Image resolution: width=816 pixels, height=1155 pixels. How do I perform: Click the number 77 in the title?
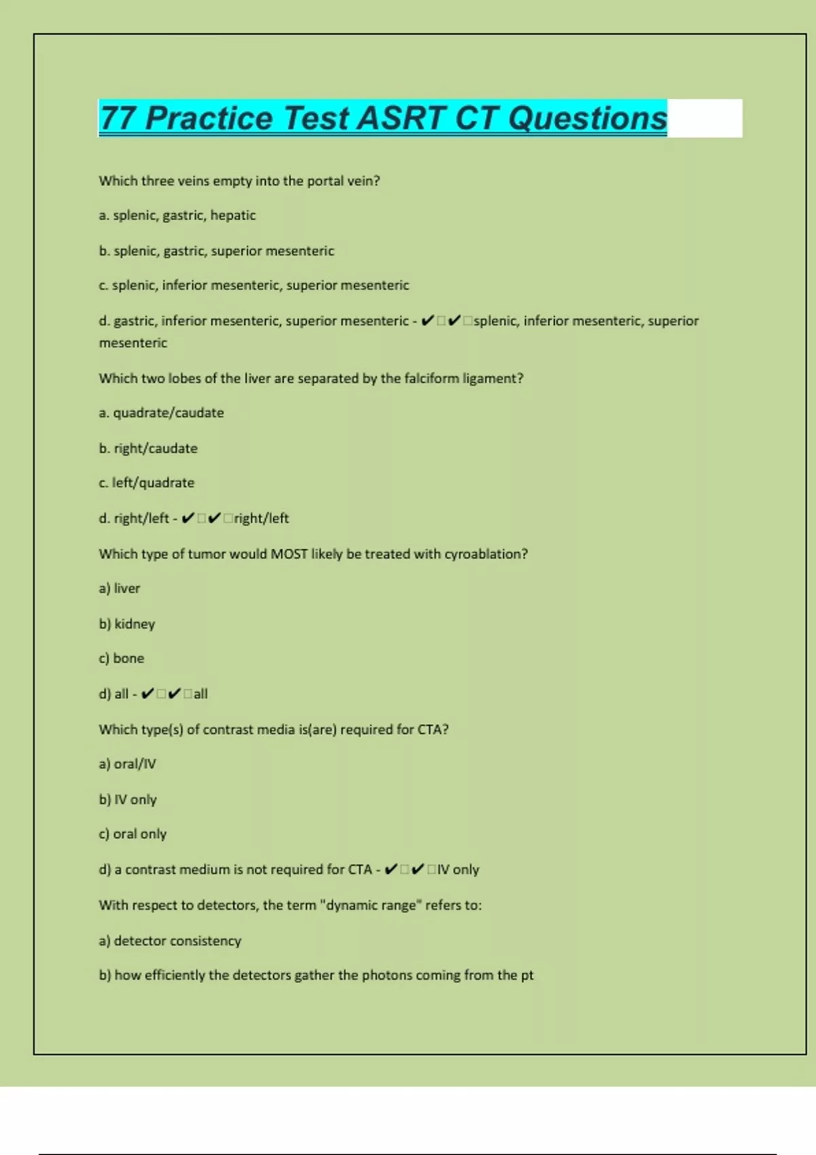[x=118, y=118]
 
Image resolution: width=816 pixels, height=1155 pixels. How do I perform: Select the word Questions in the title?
[x=588, y=118]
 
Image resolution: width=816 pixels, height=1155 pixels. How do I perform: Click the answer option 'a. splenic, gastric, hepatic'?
[x=177, y=215]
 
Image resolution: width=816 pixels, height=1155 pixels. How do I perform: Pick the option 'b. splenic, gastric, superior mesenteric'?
[x=216, y=251]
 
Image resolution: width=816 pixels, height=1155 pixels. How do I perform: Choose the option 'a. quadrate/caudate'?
[x=161, y=413]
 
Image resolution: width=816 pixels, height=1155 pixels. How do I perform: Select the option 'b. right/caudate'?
[x=148, y=448]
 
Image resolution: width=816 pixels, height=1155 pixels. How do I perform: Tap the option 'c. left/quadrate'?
[x=146, y=483]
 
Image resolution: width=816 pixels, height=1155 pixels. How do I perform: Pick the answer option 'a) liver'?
[x=119, y=588]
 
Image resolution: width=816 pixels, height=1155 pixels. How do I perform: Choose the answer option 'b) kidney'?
[x=126, y=624]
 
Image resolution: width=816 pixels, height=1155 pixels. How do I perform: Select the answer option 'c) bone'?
[x=121, y=658]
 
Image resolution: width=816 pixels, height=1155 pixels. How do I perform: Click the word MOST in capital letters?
[x=289, y=554]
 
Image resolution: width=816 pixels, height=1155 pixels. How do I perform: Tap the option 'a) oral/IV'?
[x=127, y=764]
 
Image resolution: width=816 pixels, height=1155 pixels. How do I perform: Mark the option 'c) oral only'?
[x=133, y=834]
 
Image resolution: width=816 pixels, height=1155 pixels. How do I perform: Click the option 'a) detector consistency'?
[x=170, y=941]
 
